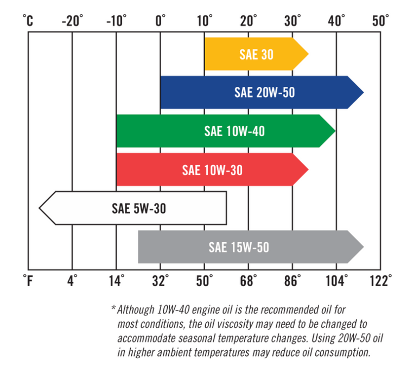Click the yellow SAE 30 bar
[x=256, y=54]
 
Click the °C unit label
[x=28, y=21]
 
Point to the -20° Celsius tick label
[x=72, y=21]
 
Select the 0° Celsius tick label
[x=161, y=21]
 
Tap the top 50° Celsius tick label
[x=380, y=21]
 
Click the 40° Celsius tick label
[x=336, y=21]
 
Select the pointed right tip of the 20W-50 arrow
[x=363, y=92]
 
